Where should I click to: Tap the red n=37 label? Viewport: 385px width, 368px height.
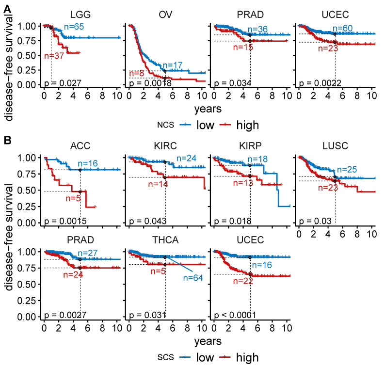pyautogui.click(x=54, y=56)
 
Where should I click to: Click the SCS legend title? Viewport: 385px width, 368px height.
pyautogui.click(x=166, y=357)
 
